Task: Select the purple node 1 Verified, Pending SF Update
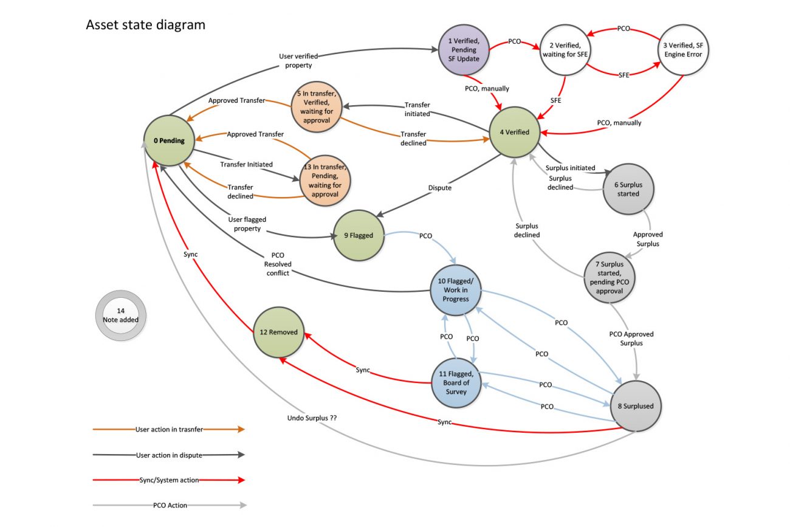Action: (464, 50)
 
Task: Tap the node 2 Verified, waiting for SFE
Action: (565, 50)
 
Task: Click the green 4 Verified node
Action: (515, 132)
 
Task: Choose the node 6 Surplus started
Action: (628, 189)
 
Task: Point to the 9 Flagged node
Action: (359, 235)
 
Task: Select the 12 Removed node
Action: (278, 332)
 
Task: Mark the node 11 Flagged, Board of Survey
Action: (456, 383)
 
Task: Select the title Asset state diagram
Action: (145, 25)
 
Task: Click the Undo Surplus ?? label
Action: (312, 418)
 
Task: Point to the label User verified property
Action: (298, 61)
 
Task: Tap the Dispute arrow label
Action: (439, 188)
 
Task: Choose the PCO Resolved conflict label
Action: (278, 264)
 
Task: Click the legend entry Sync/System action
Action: (168, 480)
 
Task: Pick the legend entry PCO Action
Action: (169, 505)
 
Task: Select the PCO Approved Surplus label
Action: (631, 339)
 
